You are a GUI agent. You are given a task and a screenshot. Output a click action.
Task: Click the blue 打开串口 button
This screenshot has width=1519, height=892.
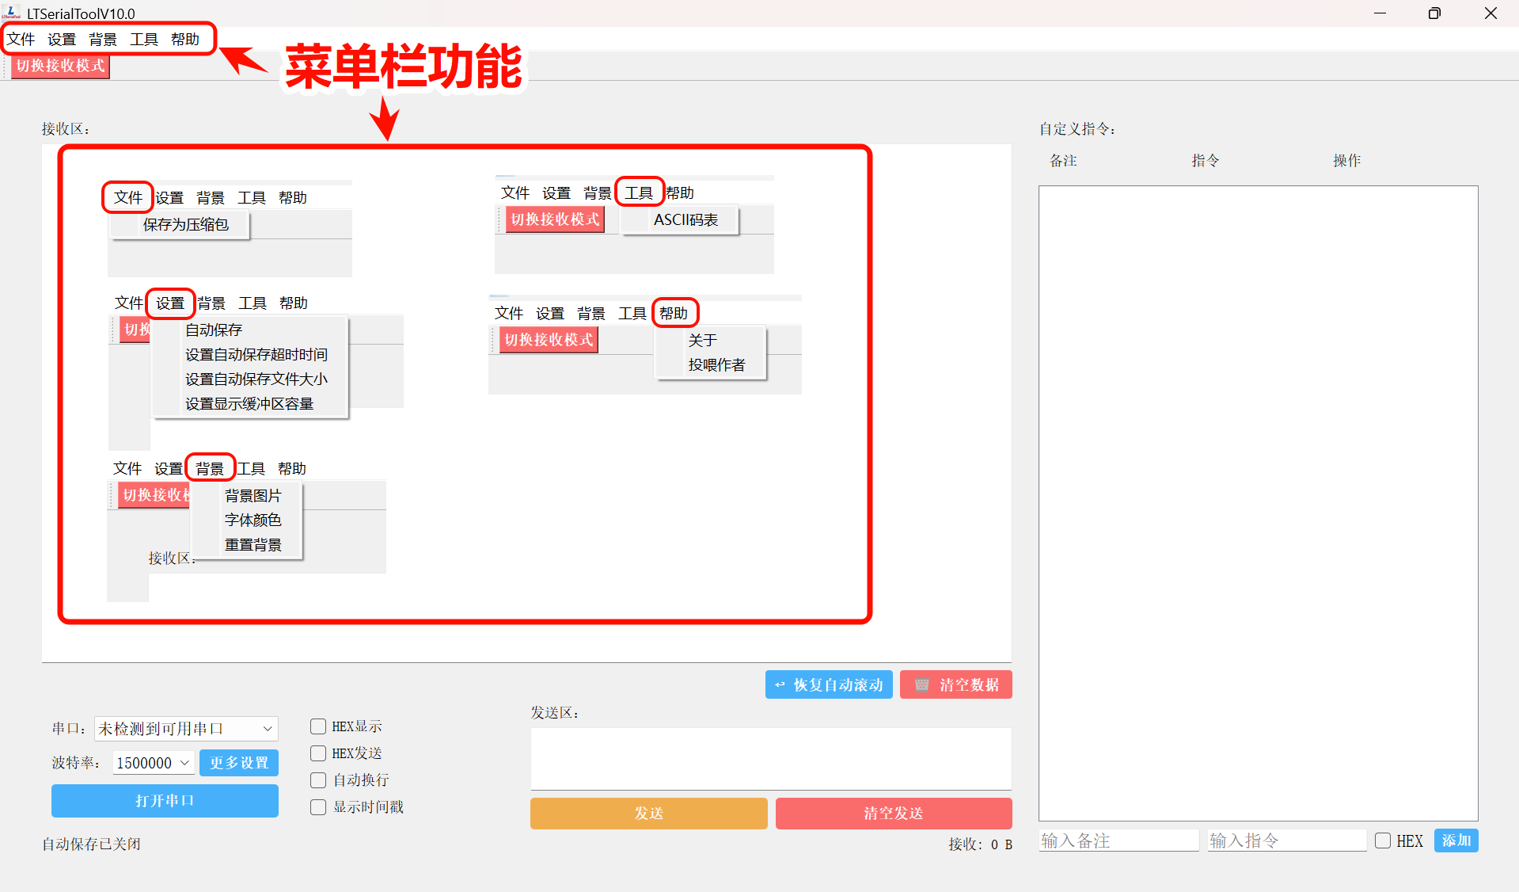pos(165,800)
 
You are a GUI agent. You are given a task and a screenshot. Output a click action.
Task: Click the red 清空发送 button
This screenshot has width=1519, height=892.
pos(893,813)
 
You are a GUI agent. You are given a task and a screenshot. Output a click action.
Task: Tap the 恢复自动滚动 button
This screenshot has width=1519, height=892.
pos(829,684)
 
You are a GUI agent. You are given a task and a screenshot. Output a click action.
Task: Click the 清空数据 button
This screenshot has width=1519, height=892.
pos(956,684)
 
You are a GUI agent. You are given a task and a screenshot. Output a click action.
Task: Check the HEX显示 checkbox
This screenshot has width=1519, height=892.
pos(318,726)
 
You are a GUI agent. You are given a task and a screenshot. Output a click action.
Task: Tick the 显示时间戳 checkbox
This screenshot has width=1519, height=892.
pos(318,807)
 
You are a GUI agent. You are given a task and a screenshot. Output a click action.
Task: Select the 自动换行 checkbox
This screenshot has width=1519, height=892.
pos(318,780)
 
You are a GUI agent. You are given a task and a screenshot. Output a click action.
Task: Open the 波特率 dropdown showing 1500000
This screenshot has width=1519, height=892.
pos(154,762)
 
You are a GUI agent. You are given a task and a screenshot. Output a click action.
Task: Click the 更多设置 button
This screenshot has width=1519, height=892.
pos(239,762)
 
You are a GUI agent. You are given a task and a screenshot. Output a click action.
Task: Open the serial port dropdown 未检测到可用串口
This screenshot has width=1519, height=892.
pos(186,728)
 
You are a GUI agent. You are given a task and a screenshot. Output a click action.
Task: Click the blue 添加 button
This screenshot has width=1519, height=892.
pos(1456,841)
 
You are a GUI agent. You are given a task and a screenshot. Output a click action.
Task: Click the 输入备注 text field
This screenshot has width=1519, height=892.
pos(1118,841)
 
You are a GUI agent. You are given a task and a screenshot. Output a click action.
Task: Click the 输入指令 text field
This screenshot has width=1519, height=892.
pos(1286,841)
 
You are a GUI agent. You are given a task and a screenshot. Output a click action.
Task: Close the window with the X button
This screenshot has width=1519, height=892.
pos(1491,13)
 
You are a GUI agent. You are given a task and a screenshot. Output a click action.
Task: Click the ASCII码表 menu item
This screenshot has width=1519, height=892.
pos(685,219)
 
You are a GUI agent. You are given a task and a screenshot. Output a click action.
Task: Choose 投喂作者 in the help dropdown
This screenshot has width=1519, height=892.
pos(716,364)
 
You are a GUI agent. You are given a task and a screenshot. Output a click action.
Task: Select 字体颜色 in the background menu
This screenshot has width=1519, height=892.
pos(253,520)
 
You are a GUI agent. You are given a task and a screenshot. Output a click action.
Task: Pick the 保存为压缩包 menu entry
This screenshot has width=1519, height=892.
pos(185,224)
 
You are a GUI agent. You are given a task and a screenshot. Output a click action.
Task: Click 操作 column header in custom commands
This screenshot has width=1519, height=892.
pos(1346,161)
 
